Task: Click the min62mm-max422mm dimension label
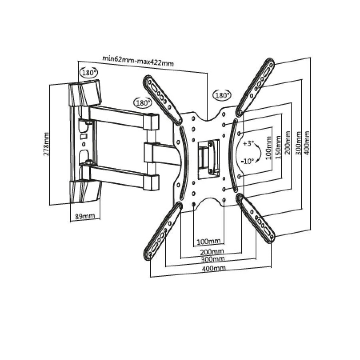pos(138,61)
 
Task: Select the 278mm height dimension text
pos(46,144)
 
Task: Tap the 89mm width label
pos(85,216)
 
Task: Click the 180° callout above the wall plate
pos(88,72)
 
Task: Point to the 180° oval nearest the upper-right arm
pos(222,95)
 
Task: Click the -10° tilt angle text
pos(248,161)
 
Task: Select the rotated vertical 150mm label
pos(278,147)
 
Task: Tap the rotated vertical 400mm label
pos(307,143)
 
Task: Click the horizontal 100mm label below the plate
pos(209,241)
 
